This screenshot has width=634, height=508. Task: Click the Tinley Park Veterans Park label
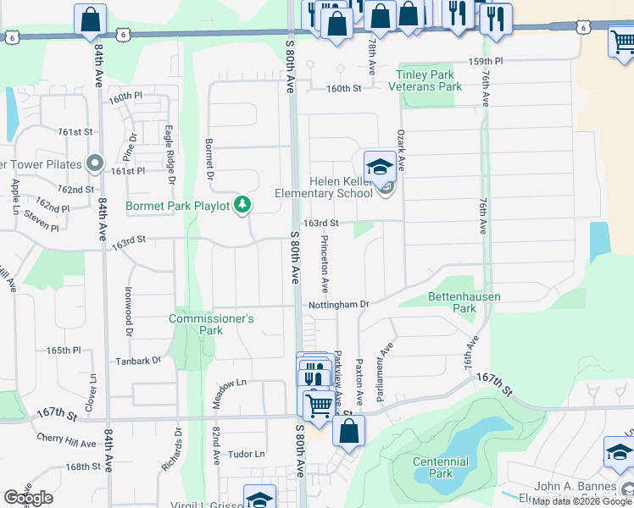425,80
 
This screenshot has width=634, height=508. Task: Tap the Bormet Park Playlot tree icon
242,204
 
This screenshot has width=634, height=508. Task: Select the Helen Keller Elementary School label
323,187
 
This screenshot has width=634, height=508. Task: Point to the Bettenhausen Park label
464,302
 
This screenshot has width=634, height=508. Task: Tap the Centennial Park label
440,467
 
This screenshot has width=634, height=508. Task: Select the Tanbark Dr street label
139,361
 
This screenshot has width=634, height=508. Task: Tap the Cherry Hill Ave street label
67,440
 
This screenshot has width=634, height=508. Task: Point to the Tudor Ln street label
247,454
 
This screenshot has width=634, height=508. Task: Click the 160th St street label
344,88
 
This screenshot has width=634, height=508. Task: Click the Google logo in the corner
28,498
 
